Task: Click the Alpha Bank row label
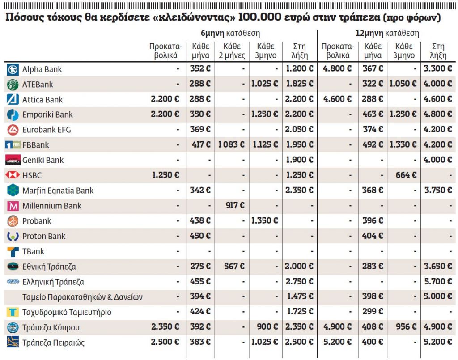(42, 69)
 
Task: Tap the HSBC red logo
(12, 175)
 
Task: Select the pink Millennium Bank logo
(13, 206)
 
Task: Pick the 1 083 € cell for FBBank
(231, 145)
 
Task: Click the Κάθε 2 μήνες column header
(232, 51)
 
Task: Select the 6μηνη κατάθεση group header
(230, 34)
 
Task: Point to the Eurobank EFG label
(47, 130)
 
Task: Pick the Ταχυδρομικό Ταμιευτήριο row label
(67, 312)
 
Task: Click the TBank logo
(13, 251)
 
